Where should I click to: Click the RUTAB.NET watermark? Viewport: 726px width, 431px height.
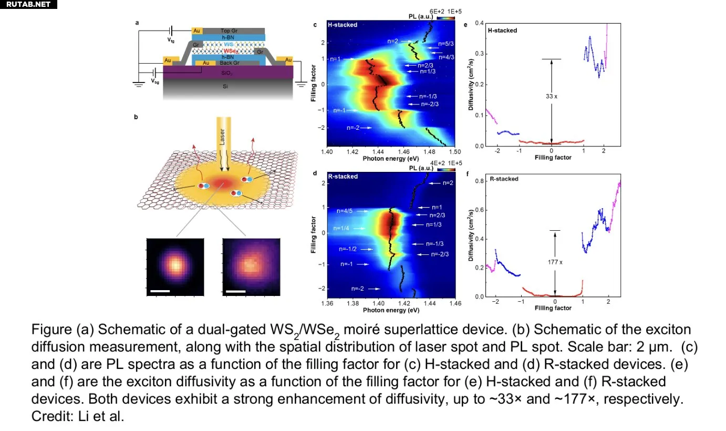[x=28, y=5]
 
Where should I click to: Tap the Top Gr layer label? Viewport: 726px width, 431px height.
[x=230, y=31]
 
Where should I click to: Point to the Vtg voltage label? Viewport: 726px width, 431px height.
[x=171, y=40]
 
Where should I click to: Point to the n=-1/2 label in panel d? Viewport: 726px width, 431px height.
[x=348, y=249]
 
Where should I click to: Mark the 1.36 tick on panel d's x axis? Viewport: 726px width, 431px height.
[x=327, y=304]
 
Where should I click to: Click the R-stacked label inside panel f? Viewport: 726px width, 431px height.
[x=504, y=179]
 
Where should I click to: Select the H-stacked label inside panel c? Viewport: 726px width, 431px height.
[x=343, y=25]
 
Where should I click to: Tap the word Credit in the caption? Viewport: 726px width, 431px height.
[x=48, y=415]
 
